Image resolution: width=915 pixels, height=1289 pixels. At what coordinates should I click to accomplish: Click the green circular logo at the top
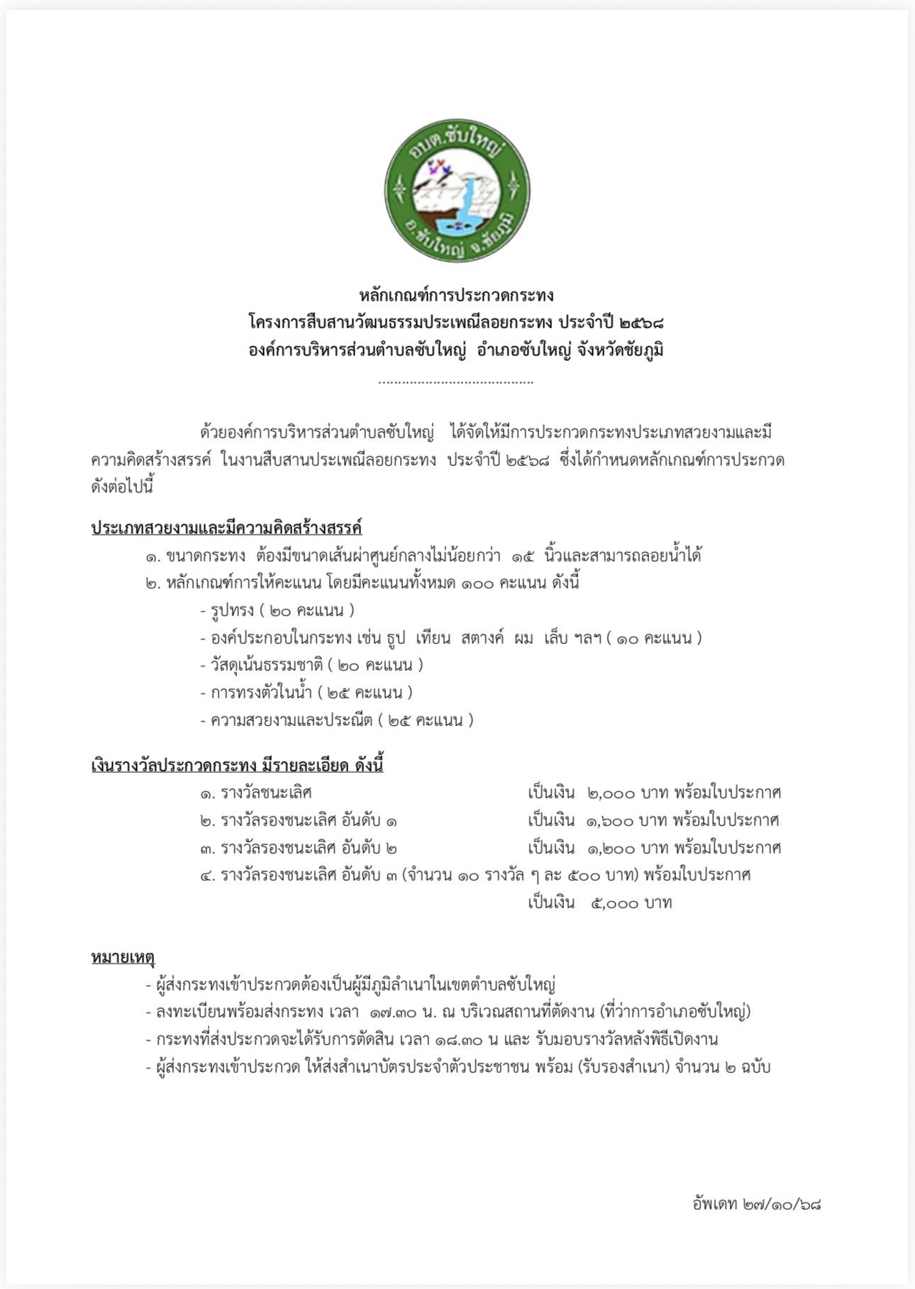point(457,189)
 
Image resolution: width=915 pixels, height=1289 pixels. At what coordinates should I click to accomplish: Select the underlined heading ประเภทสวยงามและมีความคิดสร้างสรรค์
point(227,528)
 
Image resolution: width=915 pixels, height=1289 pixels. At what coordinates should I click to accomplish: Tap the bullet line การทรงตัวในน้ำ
point(306,693)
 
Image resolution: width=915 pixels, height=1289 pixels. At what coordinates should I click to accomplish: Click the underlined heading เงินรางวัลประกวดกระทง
point(238,766)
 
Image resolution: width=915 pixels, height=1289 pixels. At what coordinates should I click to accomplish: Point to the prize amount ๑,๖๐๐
point(610,821)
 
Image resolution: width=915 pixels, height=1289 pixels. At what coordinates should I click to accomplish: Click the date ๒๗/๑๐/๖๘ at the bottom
point(782,1204)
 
